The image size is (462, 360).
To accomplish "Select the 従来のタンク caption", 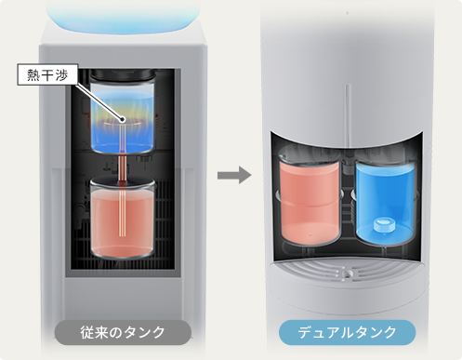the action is click(123, 332).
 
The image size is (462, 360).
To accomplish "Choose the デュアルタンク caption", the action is click(347, 332).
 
